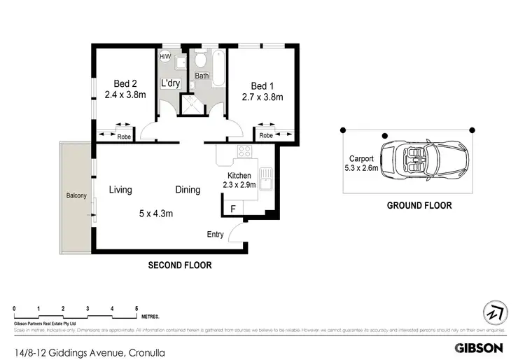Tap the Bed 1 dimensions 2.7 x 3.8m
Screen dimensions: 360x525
(x=262, y=97)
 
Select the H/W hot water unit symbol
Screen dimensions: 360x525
(x=165, y=57)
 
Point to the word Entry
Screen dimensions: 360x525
(x=215, y=234)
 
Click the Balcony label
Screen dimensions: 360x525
(x=76, y=196)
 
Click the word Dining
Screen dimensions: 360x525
(x=187, y=189)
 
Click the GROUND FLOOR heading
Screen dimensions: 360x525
(x=419, y=206)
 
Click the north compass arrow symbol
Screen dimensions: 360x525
(x=495, y=312)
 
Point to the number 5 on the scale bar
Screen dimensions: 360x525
(x=136, y=309)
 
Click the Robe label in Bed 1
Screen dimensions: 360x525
(x=266, y=136)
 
